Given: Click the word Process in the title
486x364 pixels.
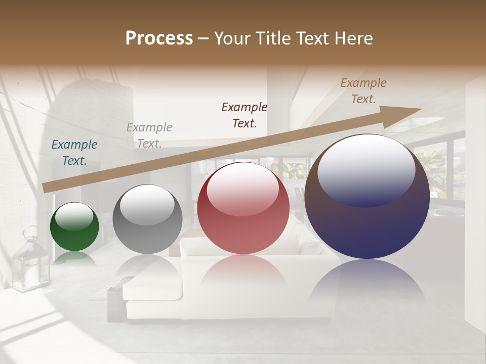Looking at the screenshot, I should [x=159, y=38].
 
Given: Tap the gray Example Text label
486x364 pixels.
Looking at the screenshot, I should [x=149, y=135].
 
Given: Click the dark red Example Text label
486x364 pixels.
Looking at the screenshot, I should [x=245, y=115].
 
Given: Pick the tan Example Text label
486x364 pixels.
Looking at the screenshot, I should [x=363, y=91].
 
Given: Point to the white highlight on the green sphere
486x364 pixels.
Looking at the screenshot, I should [x=74, y=216].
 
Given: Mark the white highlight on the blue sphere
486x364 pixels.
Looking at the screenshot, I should [x=366, y=169].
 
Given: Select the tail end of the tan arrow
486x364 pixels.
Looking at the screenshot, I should [x=46, y=188].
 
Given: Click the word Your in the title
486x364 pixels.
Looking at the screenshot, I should [x=232, y=38].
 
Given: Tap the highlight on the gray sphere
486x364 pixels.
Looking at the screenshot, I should [x=147, y=204].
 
